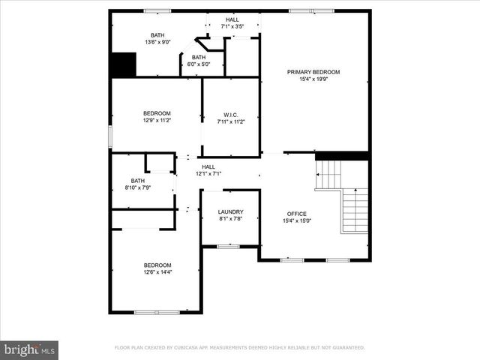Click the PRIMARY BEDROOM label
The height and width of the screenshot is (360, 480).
click(x=313, y=72)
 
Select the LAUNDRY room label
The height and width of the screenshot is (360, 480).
click(x=230, y=212)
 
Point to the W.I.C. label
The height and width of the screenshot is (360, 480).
click(x=231, y=114)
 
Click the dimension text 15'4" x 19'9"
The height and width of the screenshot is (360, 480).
click(x=313, y=79)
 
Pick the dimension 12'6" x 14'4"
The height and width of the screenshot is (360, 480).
click(x=157, y=272)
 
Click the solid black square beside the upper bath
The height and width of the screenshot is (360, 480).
click(x=122, y=64)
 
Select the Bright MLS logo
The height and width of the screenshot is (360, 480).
click(x=29, y=349)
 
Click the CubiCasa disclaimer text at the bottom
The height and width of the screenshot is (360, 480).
click(x=239, y=348)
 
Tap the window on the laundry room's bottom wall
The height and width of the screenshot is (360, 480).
click(x=228, y=246)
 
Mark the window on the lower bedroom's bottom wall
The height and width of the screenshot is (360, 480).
click(x=156, y=311)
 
